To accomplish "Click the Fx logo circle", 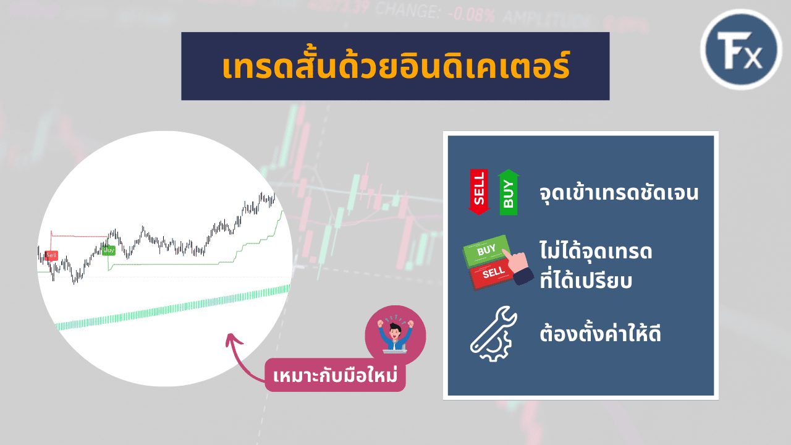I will click(x=741, y=50).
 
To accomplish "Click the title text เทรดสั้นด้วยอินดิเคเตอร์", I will click(x=395, y=67).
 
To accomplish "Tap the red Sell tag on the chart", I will click(x=51, y=255).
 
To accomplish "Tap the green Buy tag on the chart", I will click(x=108, y=250).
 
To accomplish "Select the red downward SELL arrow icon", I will click(x=479, y=192).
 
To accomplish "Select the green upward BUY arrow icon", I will click(x=509, y=192).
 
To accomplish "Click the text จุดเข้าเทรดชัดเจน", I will click(x=619, y=193).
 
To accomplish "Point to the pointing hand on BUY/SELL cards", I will click(x=518, y=267).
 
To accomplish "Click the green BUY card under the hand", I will click(x=486, y=250).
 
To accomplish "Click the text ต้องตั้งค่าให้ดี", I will click(x=600, y=335).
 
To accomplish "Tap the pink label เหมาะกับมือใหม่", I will click(x=335, y=375).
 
